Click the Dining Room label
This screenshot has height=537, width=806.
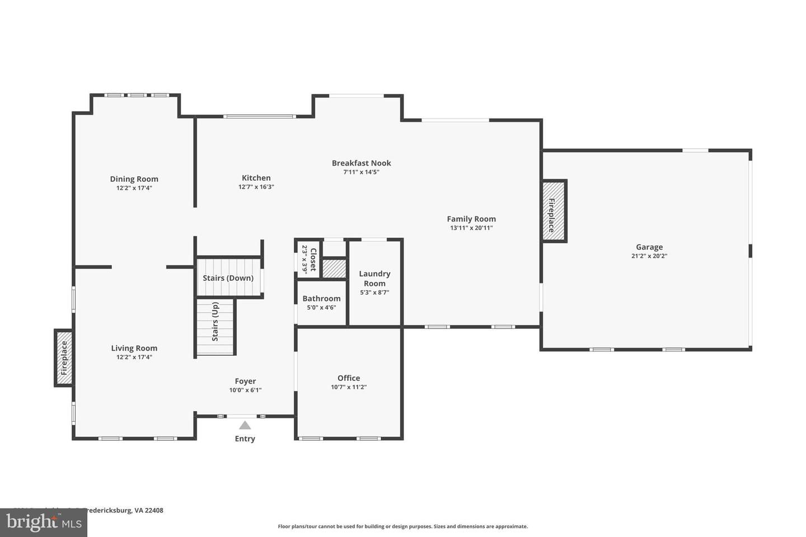(134, 179)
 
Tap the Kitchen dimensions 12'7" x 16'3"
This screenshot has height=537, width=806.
(256, 187)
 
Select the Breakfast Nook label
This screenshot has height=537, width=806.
(361, 163)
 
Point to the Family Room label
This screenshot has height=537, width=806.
(471, 219)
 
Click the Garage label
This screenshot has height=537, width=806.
(649, 247)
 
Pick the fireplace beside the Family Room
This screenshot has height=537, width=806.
(554, 211)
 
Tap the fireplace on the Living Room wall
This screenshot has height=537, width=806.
(64, 358)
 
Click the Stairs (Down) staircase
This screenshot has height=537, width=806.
(228, 277)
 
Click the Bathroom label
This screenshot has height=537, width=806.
(321, 298)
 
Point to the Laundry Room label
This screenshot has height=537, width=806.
(374, 278)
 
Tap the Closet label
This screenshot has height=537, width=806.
(313, 260)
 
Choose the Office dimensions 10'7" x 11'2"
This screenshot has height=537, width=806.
(348, 387)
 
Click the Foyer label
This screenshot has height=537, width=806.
(245, 381)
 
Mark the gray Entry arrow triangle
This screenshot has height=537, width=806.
(245, 426)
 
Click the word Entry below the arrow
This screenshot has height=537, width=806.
(245, 439)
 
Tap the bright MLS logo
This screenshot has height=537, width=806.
(43, 523)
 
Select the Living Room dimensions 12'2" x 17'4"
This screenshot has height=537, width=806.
(134, 357)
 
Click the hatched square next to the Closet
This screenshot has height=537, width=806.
(334, 268)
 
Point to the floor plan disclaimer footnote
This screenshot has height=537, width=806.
(402, 526)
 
